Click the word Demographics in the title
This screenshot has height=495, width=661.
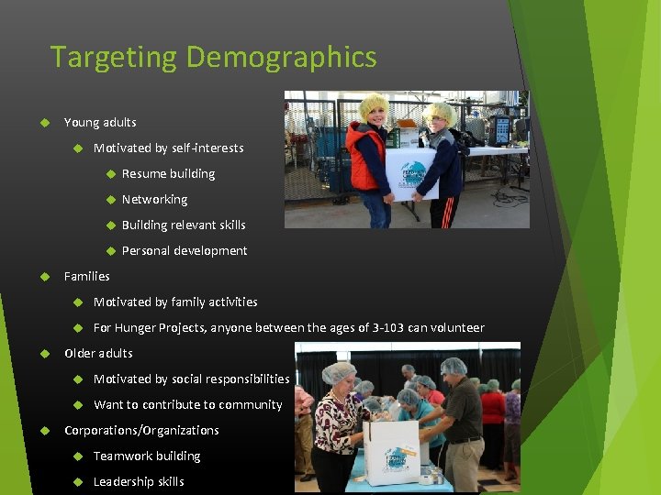(x=281, y=58)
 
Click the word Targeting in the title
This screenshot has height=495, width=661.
(x=115, y=58)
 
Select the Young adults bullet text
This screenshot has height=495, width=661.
(x=100, y=123)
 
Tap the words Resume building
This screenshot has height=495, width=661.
(x=168, y=174)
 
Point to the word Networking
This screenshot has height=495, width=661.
(x=154, y=200)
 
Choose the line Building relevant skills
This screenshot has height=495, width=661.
(x=184, y=225)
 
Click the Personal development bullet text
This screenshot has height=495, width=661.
(x=185, y=251)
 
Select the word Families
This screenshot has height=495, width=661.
(x=86, y=277)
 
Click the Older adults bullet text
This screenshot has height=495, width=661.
(x=98, y=354)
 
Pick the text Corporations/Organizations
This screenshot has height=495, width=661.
(x=141, y=431)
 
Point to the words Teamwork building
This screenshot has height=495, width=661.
(x=147, y=456)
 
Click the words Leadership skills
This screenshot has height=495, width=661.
(x=139, y=482)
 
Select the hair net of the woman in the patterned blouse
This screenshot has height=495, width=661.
(x=339, y=370)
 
